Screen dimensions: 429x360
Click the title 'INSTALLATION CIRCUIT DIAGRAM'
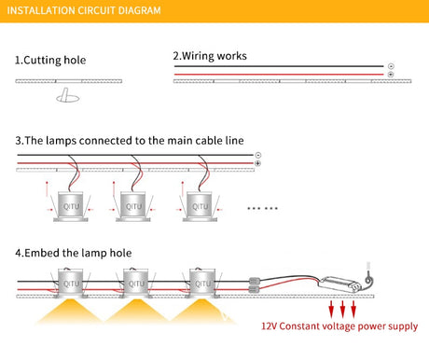pyautogui.click(x=84, y=10)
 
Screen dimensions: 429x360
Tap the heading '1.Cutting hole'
pyautogui.click(x=50, y=60)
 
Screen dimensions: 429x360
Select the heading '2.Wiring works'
pyautogui.click(x=210, y=56)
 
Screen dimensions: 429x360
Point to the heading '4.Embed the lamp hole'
pyautogui.click(x=74, y=253)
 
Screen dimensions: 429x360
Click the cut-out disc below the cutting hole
pyautogui.click(x=68, y=98)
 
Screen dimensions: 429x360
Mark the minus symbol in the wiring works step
pyautogui.click(x=391, y=66)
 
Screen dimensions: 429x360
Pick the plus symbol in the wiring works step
pyautogui.click(x=391, y=75)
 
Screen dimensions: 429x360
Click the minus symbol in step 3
pyautogui.click(x=258, y=155)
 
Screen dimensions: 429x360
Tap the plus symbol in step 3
pyautogui.click(x=258, y=163)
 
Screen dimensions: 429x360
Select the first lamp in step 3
pyautogui.click(x=71, y=206)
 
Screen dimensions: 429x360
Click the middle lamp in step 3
pyautogui.click(x=133, y=206)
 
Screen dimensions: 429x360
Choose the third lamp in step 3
pyautogui.click(x=200, y=206)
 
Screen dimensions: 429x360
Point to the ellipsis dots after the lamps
pyautogui.click(x=263, y=208)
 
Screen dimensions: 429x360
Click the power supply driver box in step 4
pyautogui.click(x=339, y=284)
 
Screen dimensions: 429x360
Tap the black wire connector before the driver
pyautogui.click(x=255, y=282)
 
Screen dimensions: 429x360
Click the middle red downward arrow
pyautogui.click(x=342, y=309)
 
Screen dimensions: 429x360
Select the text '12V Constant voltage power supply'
pyautogui.click(x=339, y=326)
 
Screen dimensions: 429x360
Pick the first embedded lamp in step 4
pyautogui.click(x=71, y=283)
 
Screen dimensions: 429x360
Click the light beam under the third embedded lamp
pyautogui.click(x=202, y=311)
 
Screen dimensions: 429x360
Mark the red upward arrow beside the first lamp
pyautogui.click(x=47, y=188)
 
